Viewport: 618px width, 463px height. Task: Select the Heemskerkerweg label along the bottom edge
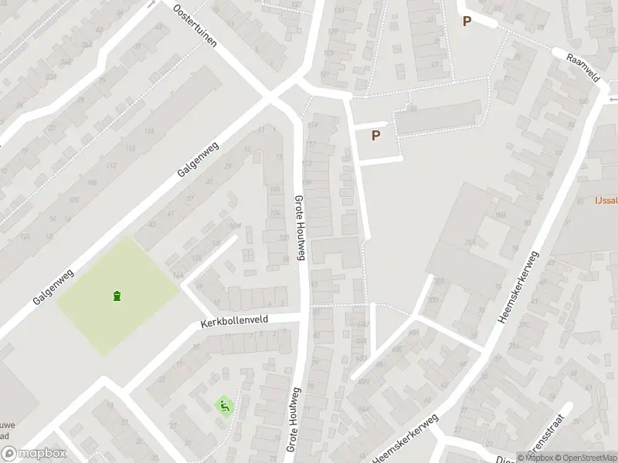pos(406,441)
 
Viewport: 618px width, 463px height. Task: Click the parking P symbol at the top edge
pos(466,22)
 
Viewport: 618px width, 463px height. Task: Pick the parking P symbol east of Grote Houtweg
pos(376,136)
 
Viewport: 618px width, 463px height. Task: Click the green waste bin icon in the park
pos(117,295)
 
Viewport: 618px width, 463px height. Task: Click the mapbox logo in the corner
pos(32,454)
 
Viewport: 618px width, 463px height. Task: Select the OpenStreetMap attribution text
pos(586,458)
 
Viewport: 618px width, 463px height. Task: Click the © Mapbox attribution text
pos(535,458)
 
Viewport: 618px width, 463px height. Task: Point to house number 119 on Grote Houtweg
pos(312,126)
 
